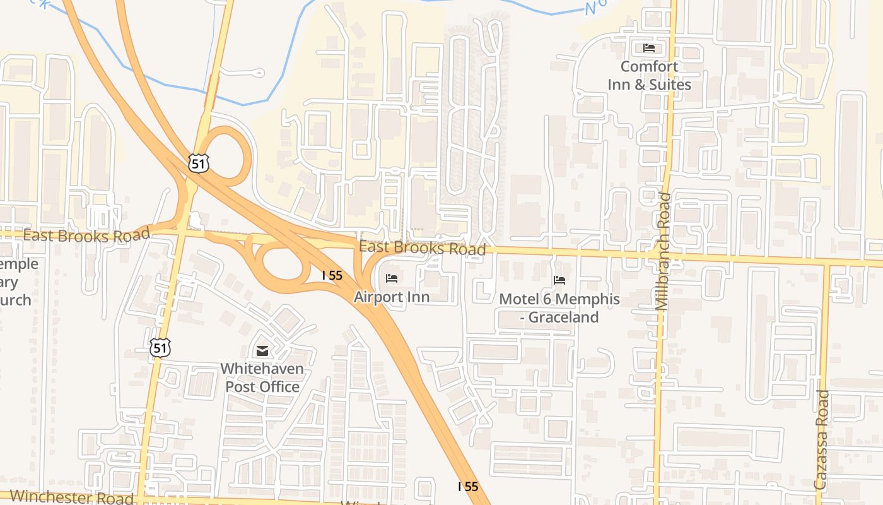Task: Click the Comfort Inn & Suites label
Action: (649, 76)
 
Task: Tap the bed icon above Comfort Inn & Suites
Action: (649, 48)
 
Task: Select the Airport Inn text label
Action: (391, 297)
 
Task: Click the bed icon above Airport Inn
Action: (392, 278)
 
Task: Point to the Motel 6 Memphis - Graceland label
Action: (559, 308)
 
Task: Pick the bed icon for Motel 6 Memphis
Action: (559, 280)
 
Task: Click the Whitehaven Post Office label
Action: (262, 377)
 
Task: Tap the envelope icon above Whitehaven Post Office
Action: (262, 351)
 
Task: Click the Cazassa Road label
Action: (821, 439)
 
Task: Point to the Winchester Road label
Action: (71, 497)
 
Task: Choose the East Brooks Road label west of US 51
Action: (86, 235)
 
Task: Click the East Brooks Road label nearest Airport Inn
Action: (422, 247)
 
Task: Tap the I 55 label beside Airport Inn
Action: (332, 275)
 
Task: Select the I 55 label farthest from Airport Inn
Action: (467, 486)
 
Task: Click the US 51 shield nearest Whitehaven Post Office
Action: (160, 347)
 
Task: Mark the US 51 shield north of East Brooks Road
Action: (198, 162)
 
